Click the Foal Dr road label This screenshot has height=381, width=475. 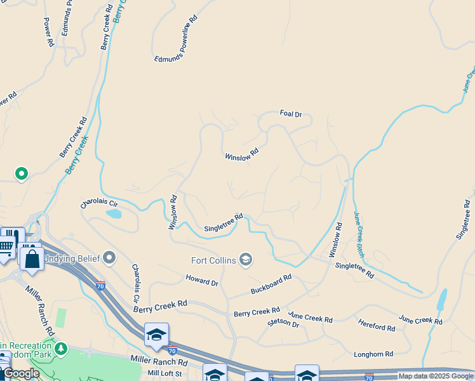(x=291, y=114)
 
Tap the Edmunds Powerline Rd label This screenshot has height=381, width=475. (x=177, y=39)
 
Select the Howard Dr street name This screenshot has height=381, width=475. (x=202, y=280)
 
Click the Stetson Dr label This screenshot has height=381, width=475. (x=283, y=323)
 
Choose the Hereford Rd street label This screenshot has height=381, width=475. (x=377, y=325)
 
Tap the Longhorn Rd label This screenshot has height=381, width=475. (x=373, y=354)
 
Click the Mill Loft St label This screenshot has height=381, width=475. (x=164, y=373)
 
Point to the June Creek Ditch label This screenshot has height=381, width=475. (x=360, y=235)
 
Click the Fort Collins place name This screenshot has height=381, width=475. (x=214, y=260)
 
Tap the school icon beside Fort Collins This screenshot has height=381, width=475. (x=246, y=259)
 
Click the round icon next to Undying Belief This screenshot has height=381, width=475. (x=110, y=257)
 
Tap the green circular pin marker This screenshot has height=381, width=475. (x=22, y=173)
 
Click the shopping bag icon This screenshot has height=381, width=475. (x=32, y=259)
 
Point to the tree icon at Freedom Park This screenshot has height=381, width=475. (x=61, y=349)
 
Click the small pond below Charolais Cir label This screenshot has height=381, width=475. (x=114, y=214)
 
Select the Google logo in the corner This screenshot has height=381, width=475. (x=20, y=373)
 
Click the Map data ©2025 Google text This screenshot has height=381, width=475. (x=436, y=376)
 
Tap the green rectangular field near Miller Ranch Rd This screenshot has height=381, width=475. (x=61, y=317)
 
